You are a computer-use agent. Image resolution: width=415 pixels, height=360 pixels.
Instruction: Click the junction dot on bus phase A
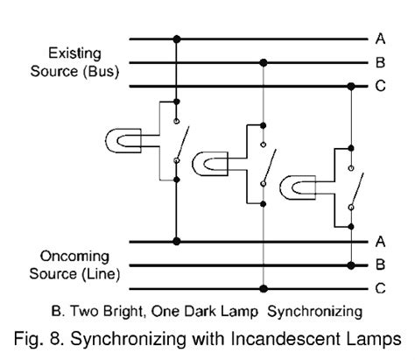177,39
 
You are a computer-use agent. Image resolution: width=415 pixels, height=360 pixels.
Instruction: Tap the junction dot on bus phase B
264,63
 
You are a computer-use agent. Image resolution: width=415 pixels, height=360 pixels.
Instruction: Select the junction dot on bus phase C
351,87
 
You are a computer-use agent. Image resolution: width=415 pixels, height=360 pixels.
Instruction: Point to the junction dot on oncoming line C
264,286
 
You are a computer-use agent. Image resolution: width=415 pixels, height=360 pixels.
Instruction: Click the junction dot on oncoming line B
351,263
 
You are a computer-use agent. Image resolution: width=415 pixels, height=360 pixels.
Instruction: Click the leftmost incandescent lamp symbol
121,139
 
